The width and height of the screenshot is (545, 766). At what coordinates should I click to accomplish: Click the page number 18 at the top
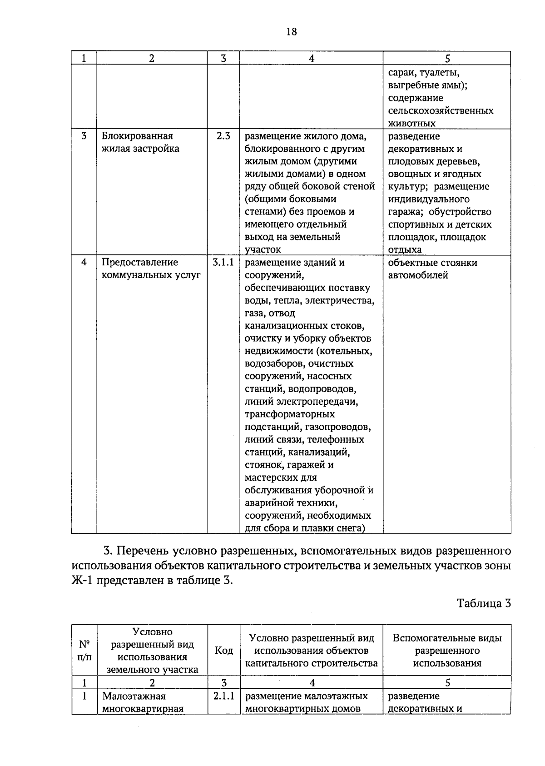[x=291, y=31]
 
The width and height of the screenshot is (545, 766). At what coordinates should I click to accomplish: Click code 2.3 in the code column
[x=223, y=136]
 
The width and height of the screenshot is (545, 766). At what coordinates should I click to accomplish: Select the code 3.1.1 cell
[x=223, y=262]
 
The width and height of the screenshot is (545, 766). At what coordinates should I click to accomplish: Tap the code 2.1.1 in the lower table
[x=223, y=696]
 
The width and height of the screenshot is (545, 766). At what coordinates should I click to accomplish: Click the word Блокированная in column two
[x=137, y=136]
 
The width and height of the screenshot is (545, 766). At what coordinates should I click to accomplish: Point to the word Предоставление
[x=139, y=262]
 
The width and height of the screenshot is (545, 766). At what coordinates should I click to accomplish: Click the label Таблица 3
[x=484, y=603]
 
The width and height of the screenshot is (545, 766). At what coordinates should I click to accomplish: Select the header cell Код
[x=223, y=651]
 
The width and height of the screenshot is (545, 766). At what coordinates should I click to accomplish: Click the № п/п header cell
[x=84, y=651]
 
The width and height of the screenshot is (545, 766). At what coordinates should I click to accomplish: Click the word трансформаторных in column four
[x=290, y=414]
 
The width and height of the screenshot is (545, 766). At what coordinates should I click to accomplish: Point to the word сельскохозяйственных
[x=441, y=110]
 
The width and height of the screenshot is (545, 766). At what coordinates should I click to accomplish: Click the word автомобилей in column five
[x=418, y=275]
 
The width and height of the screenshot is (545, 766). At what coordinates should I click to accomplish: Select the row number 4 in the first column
[x=84, y=262]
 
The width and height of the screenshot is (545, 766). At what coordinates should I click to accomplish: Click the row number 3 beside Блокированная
[x=84, y=136]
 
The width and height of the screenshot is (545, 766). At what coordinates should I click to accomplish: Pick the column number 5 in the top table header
[x=447, y=58]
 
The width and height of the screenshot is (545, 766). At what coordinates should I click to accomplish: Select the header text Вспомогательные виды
[x=447, y=638]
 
